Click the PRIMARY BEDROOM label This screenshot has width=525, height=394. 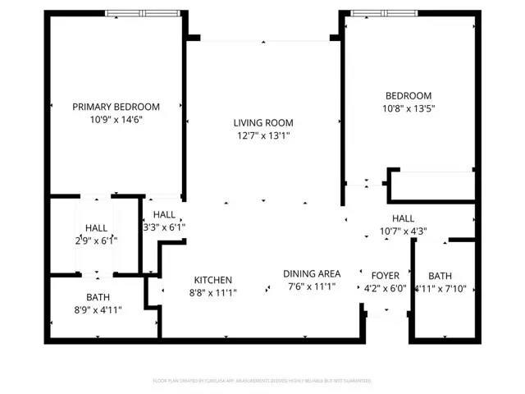click(x=116, y=107)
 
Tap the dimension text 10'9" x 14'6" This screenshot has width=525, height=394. click(x=116, y=120)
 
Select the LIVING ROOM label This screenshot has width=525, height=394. click(x=263, y=123)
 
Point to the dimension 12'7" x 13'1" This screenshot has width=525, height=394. click(x=263, y=136)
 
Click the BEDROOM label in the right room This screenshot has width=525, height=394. click(x=408, y=96)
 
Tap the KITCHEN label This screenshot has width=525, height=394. click(x=212, y=280)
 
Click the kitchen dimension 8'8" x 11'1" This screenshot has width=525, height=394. click(x=212, y=293)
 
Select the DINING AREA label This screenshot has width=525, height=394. click(x=312, y=274)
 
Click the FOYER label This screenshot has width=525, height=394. click(x=385, y=276)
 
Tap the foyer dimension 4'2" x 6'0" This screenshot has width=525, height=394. click(x=385, y=289)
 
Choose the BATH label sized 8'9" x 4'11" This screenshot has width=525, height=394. click(x=98, y=296)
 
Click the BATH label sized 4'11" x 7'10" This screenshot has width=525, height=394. click(x=440, y=276)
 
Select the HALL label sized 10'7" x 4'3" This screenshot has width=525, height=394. click(x=403, y=218)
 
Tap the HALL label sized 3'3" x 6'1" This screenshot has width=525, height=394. click(x=164, y=214)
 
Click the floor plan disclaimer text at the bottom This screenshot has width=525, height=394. click(x=262, y=381)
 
